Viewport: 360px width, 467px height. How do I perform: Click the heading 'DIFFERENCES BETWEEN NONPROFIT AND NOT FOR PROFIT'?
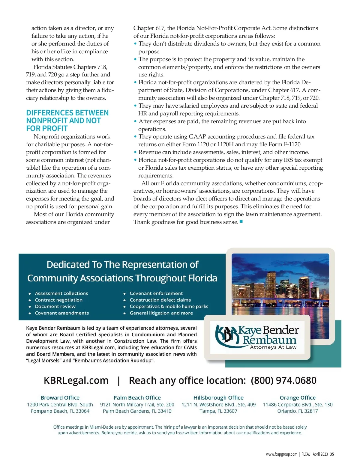point(67,120)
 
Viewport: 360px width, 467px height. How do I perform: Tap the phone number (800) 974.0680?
point(283,380)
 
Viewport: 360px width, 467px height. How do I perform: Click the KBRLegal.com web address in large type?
point(76,380)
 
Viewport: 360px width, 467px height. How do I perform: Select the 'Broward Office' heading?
point(60,397)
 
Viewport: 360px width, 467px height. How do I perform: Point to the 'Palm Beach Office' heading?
point(137,397)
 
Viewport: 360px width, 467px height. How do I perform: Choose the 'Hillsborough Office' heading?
point(218,397)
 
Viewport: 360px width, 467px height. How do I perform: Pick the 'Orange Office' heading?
point(298,397)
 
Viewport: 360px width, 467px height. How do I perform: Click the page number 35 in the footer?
point(332,454)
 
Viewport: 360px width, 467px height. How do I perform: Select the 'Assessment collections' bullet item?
point(61,293)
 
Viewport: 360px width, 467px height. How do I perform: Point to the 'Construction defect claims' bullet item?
point(160,300)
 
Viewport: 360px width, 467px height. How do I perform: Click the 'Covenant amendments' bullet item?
point(62,313)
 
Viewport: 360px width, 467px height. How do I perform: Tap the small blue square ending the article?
point(241,222)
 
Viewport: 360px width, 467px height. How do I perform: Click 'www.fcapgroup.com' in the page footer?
point(281,454)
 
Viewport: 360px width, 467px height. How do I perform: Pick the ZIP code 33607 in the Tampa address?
point(230,411)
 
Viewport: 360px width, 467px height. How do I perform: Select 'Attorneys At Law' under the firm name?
point(273,347)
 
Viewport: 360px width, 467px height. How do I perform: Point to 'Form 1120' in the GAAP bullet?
point(193,144)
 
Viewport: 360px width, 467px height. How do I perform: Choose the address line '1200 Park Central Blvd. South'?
point(60,404)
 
